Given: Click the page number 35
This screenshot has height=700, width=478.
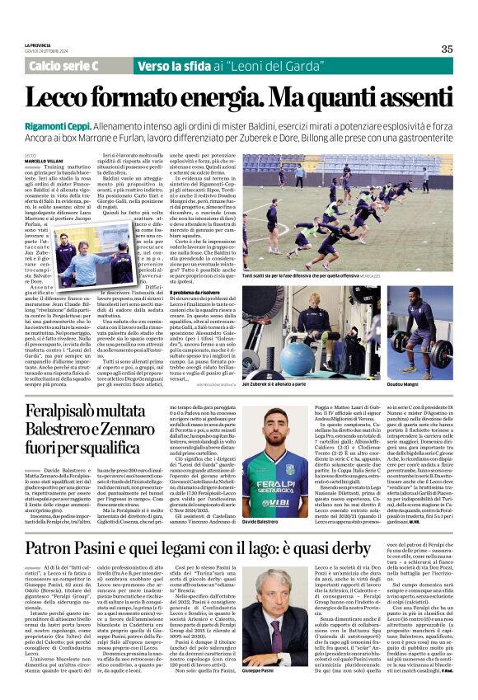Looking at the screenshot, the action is tap(447, 49).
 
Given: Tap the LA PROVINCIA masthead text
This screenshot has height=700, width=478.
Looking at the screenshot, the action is tap(38, 45).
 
